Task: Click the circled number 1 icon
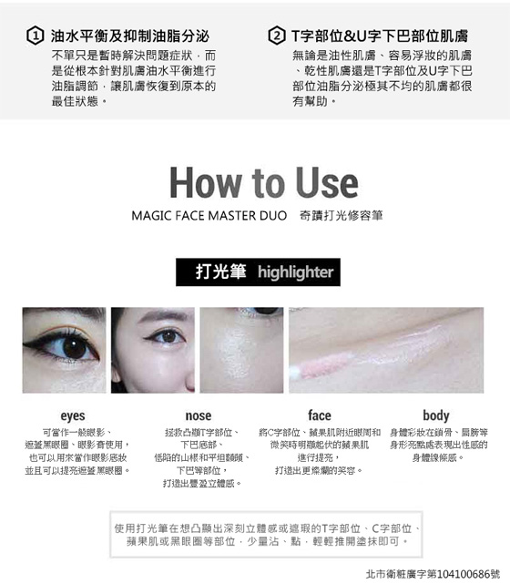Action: point(36,36)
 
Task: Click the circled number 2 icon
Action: point(277,36)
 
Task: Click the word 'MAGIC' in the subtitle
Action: point(151,216)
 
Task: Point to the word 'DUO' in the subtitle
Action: point(273,216)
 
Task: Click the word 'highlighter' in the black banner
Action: point(296,272)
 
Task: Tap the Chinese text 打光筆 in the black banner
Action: point(220,272)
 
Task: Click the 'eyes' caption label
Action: point(73,415)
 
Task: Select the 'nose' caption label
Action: point(199,415)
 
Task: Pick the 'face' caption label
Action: point(320,415)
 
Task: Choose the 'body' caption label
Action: point(436,415)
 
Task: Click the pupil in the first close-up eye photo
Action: point(75,348)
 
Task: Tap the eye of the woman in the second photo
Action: point(168,336)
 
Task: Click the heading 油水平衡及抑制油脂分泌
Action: point(130,36)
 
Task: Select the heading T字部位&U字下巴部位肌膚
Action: point(380,36)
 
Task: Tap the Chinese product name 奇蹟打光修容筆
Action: point(341,216)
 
